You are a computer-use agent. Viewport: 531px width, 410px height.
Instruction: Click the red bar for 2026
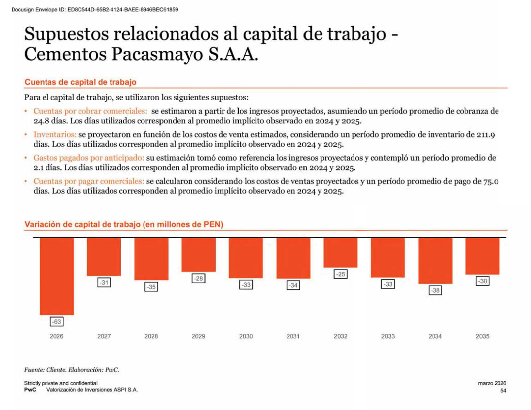[x=57, y=276]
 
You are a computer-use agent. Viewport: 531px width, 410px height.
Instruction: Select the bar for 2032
[x=340, y=252]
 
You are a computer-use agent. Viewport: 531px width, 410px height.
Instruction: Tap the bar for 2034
[x=435, y=261]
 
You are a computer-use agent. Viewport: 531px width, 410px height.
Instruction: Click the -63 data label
[x=57, y=322]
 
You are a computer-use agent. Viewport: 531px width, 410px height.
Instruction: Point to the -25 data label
[x=340, y=274]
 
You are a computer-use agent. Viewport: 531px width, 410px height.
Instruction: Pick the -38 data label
[x=435, y=290]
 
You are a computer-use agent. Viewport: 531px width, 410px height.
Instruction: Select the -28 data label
[x=199, y=278]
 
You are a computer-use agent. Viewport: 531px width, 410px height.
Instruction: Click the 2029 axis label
[x=199, y=336]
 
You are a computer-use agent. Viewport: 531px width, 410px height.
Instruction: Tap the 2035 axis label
[x=482, y=336]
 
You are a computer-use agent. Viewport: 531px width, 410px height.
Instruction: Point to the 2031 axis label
[x=293, y=336]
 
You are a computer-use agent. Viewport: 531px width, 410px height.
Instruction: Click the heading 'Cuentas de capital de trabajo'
[x=80, y=82]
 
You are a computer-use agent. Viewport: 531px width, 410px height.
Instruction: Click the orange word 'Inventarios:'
[x=55, y=134]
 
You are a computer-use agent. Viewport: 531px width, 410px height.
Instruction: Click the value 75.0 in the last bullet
[x=491, y=181]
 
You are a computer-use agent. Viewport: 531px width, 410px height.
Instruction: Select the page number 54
[x=503, y=390]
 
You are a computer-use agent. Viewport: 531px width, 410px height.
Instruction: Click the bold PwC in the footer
[x=30, y=390]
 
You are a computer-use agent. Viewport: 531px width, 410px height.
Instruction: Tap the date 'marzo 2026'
[x=492, y=383]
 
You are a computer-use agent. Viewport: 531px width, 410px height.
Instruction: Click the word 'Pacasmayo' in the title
[x=157, y=54]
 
